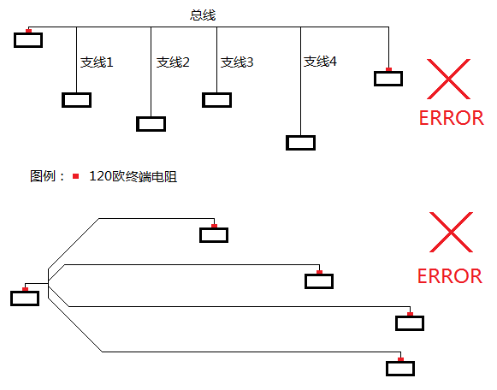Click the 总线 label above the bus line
pos(203,15)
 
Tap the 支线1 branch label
pos(97,62)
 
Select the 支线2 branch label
pos(173,62)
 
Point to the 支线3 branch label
pos(237,62)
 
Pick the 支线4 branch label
pos(320,62)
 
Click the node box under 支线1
pos(77,100)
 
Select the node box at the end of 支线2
pos(151,124)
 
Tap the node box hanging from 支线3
pos(216,100)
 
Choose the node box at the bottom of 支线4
pos(300,143)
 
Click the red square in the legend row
pos(75,176)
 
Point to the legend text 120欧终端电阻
pos(133,176)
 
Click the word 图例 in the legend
pos(43,176)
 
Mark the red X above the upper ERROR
pos(448,80)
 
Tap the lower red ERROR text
pos(450,276)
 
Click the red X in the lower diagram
pos(451,233)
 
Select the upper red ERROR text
pos(452,118)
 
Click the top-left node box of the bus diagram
pos(28,40)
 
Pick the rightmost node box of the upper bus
pos(388,79)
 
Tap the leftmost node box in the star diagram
pos(25,298)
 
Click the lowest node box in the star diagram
pos(400,369)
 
